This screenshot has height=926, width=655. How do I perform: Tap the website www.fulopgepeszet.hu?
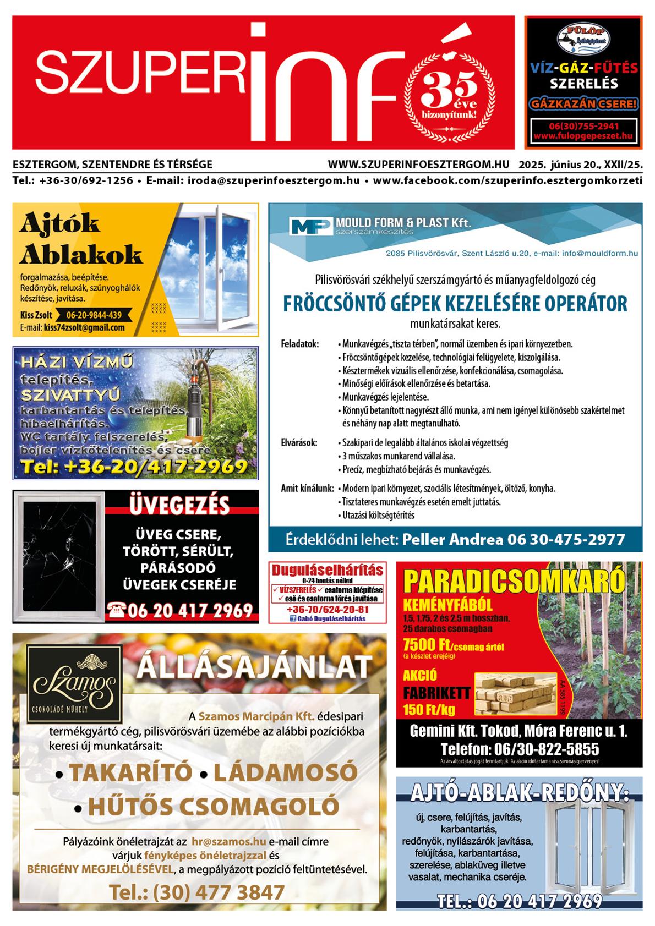point(583,135)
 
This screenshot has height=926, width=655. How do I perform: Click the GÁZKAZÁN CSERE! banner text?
point(583,103)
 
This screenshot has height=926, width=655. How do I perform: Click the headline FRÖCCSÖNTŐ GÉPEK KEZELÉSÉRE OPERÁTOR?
point(455,303)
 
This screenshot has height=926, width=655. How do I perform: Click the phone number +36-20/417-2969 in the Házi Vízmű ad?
point(134,467)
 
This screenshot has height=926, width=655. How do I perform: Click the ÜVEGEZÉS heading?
point(179,505)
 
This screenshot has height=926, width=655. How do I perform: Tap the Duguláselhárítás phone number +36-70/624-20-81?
point(328,610)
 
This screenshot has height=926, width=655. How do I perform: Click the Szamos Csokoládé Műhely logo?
point(75,683)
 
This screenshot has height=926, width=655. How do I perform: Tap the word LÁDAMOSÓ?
point(285,772)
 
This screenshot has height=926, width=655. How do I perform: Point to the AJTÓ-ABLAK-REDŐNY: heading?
point(520,793)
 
